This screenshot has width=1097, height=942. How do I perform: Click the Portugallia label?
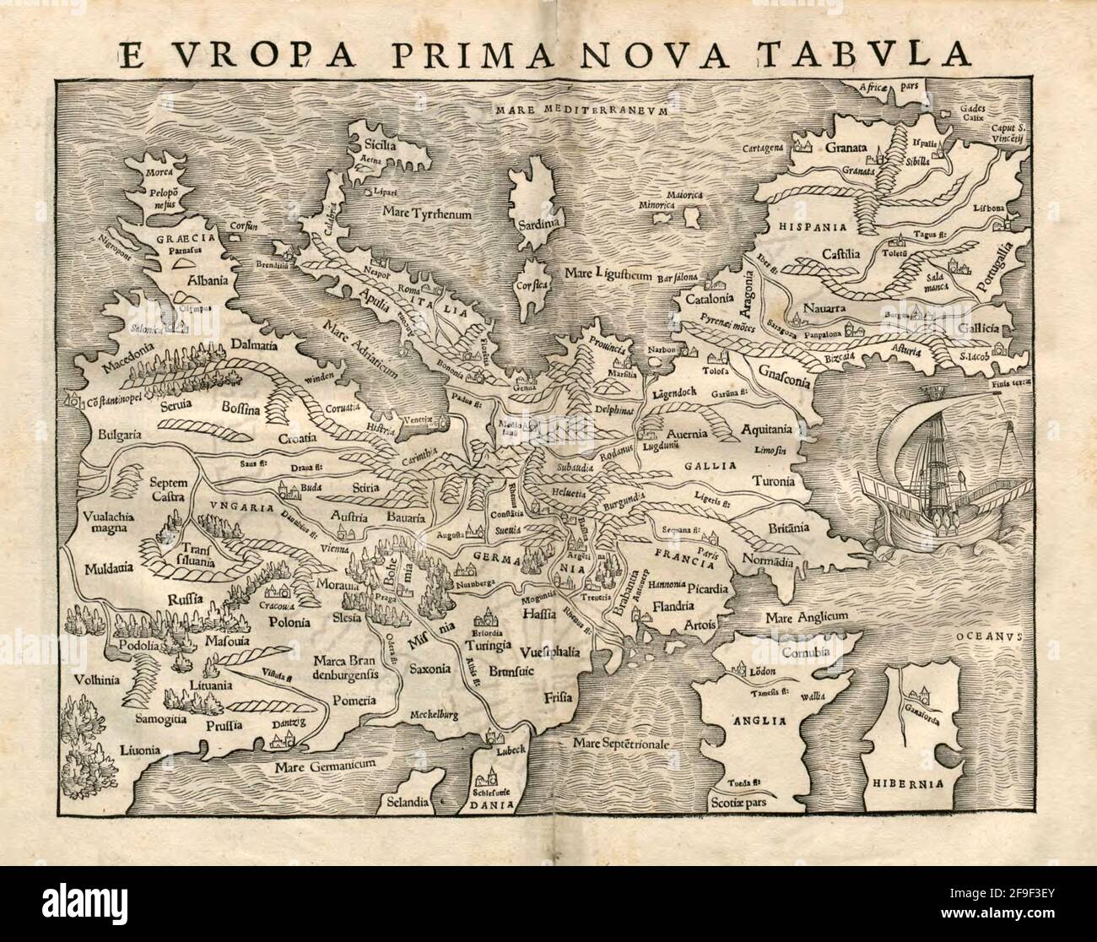click(998, 270)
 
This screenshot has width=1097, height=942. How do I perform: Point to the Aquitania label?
click(769, 428)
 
